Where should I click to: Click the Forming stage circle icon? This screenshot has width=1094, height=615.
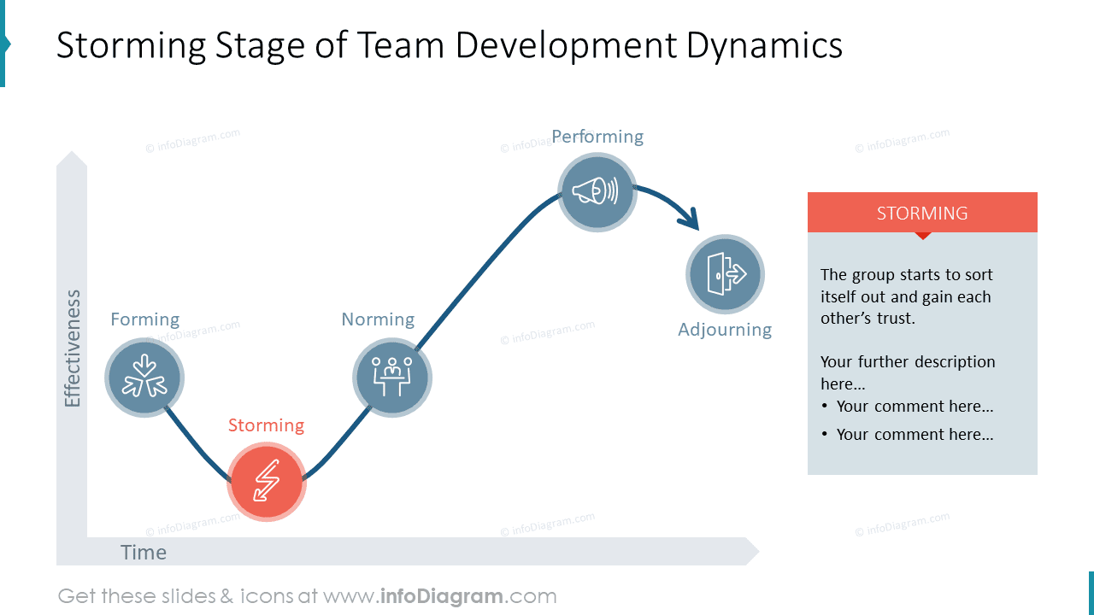click(144, 378)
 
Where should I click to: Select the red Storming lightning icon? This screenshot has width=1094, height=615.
click(267, 482)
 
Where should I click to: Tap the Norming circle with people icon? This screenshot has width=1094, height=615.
click(392, 378)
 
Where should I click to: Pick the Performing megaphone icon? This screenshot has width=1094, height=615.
click(597, 191)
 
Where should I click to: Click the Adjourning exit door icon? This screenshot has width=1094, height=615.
click(725, 274)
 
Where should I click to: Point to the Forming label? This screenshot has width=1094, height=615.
click(145, 319)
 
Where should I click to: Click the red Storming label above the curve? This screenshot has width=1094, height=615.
click(266, 425)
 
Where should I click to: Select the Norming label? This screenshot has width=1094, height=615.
click(378, 319)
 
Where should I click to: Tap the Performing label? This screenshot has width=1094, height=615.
click(597, 137)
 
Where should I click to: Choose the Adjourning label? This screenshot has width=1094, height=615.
click(725, 330)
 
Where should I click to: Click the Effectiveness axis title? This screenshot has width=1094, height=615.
click(73, 348)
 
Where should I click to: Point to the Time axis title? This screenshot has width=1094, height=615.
click(144, 553)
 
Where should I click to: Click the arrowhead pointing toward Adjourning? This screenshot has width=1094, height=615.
click(691, 220)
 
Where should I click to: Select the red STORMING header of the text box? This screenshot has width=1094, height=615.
click(922, 213)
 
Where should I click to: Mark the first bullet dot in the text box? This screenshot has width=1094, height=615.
click(825, 407)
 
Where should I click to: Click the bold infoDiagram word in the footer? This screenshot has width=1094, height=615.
click(440, 596)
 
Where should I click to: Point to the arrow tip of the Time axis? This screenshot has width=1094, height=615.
click(755, 551)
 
